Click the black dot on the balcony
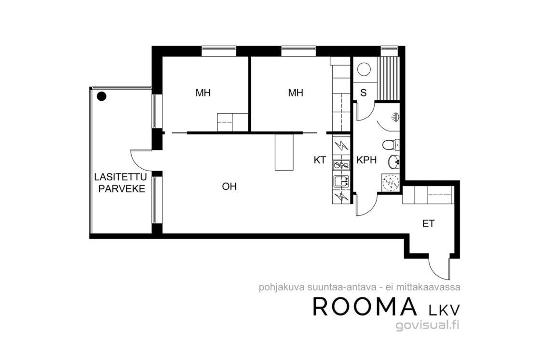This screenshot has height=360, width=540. [101, 97]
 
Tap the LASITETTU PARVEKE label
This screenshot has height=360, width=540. [121, 183]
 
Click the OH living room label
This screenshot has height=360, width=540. [229, 187]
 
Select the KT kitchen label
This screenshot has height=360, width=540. [320, 160]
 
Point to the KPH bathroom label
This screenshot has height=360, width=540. [366, 160]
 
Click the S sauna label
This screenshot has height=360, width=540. [364, 93]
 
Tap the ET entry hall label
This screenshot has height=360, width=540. [429, 224]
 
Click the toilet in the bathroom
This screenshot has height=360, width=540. [391, 145]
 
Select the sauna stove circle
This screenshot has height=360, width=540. [364, 69]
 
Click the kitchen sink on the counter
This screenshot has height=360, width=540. [341, 180]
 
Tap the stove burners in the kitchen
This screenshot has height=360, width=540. [341, 166]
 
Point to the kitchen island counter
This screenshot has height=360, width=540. [284, 152]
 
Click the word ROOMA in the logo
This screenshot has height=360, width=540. [364, 307]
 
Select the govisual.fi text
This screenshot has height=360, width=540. [428, 325]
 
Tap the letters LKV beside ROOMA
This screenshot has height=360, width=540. [444, 309]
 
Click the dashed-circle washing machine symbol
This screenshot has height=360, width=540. [391, 182]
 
